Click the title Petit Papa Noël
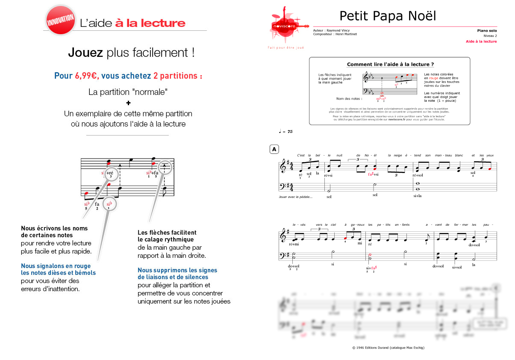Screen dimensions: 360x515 [x=388, y=16]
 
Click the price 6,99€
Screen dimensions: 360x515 [x=86, y=76]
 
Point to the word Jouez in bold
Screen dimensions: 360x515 [x=85, y=53]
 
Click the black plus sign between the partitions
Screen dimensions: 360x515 [x=128, y=103]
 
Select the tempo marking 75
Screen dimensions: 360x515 [x=290, y=132]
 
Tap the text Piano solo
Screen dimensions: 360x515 [x=487, y=31]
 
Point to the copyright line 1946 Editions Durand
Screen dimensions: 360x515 [x=388, y=348]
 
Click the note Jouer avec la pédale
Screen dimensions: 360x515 [x=295, y=197]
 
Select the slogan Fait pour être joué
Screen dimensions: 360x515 [x=285, y=47]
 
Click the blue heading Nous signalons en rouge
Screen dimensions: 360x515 [x=56, y=266]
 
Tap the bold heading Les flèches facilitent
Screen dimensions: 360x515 [x=167, y=233]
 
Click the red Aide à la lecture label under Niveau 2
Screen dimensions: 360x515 [x=482, y=41]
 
